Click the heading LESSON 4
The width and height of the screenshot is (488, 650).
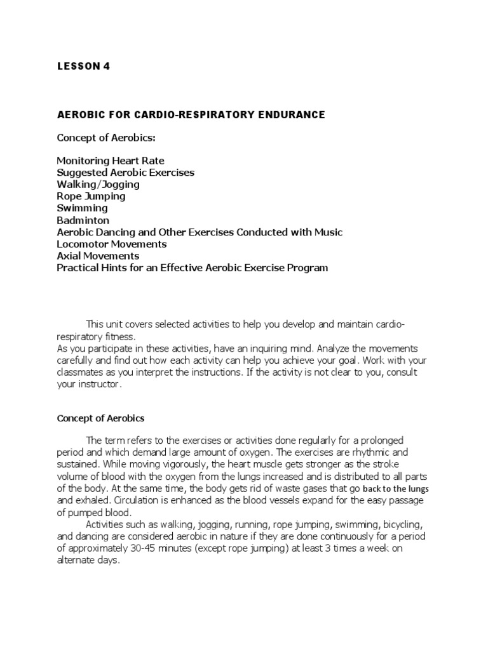[x=83, y=67]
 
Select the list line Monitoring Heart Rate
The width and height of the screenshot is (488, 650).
[x=111, y=161]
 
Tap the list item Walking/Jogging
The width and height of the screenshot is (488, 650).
[x=98, y=185]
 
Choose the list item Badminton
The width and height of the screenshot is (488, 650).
[x=83, y=220]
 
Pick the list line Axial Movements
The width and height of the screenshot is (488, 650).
[x=98, y=256]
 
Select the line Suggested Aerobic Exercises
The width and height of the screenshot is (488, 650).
[x=126, y=173]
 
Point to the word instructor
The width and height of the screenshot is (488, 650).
[x=98, y=385]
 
